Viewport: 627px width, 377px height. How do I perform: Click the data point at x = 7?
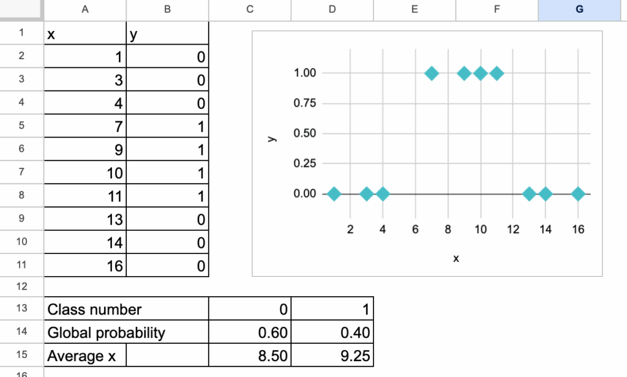(x=432, y=73)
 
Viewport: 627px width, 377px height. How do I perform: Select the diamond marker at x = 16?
(x=578, y=194)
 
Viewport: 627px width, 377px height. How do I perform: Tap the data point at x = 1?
(x=334, y=194)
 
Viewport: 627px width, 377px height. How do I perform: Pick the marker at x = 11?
(x=497, y=73)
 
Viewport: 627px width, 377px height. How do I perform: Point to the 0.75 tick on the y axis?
(x=305, y=103)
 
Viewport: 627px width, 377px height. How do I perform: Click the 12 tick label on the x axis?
(x=513, y=230)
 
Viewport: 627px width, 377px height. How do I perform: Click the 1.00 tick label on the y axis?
(x=305, y=73)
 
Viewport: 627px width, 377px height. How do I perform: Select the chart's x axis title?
(x=456, y=259)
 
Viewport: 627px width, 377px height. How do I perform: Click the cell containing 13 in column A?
(x=85, y=219)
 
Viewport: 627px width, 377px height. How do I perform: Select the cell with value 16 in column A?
(x=85, y=266)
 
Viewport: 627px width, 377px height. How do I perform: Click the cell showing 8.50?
(x=250, y=356)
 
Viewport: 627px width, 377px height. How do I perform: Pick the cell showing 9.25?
(x=332, y=356)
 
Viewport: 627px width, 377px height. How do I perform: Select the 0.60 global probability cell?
(x=250, y=332)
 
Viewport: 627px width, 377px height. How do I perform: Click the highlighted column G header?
(x=579, y=9)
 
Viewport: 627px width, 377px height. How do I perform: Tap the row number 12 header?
(x=21, y=286)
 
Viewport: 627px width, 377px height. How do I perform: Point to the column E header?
(x=415, y=9)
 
